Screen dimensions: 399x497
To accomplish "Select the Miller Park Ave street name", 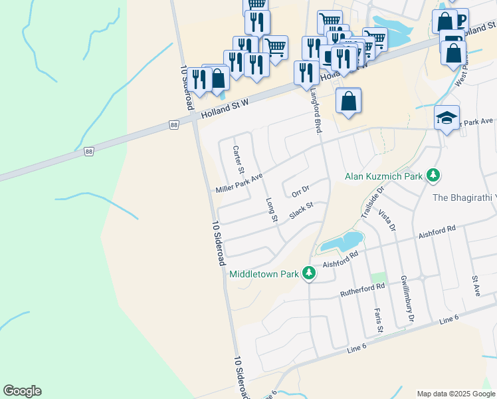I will click(x=239, y=184).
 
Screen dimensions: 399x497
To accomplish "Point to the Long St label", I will click(x=271, y=209).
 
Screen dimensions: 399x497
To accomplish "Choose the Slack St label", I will click(x=301, y=212).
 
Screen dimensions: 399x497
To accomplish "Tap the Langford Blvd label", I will click(x=316, y=112).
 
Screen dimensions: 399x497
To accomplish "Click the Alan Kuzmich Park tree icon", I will click(x=434, y=176).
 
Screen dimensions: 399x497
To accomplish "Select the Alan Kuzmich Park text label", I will click(x=385, y=177).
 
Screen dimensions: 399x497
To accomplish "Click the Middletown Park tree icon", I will click(x=309, y=273).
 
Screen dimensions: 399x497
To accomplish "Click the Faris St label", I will click(x=378, y=320).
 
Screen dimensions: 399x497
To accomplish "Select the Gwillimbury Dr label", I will click(x=407, y=300).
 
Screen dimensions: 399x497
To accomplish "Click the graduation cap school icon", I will click(x=447, y=118).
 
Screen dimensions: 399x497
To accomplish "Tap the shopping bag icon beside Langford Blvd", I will click(x=348, y=101).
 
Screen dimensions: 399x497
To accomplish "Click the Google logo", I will click(x=22, y=391).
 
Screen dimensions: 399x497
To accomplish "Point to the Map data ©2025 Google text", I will click(x=456, y=394).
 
